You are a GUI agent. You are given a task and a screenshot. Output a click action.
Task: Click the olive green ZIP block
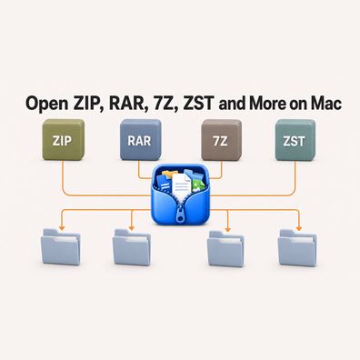64,140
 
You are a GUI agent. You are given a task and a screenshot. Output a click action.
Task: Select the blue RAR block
140,140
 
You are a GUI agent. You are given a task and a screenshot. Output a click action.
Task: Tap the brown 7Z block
221,140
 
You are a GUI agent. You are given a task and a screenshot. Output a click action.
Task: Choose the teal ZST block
295,140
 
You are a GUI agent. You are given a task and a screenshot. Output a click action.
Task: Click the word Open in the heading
46,104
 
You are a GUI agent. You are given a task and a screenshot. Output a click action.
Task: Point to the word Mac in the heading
326,104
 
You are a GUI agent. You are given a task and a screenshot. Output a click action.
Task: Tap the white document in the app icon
181,185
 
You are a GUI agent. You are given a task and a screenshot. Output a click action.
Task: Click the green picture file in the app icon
198,185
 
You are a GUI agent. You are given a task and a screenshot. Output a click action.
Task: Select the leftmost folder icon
61,246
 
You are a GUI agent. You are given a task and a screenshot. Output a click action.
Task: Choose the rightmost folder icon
297,247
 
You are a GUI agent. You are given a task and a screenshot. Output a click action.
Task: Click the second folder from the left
132,247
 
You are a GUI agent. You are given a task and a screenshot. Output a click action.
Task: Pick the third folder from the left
225,248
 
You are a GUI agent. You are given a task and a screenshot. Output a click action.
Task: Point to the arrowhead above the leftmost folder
62,227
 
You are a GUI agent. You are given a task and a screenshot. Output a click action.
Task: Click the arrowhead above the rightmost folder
299,228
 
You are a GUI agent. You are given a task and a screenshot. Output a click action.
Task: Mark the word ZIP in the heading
88,104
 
